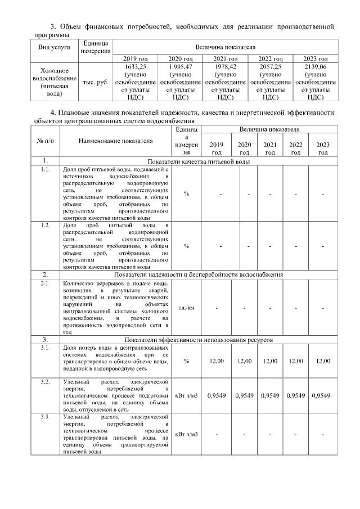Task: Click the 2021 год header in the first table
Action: [x=226, y=58]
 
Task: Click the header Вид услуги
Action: [x=54, y=47]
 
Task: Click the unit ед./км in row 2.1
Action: [x=186, y=308]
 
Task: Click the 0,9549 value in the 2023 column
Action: [x=319, y=396]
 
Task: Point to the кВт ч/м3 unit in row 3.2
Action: [x=186, y=396]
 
